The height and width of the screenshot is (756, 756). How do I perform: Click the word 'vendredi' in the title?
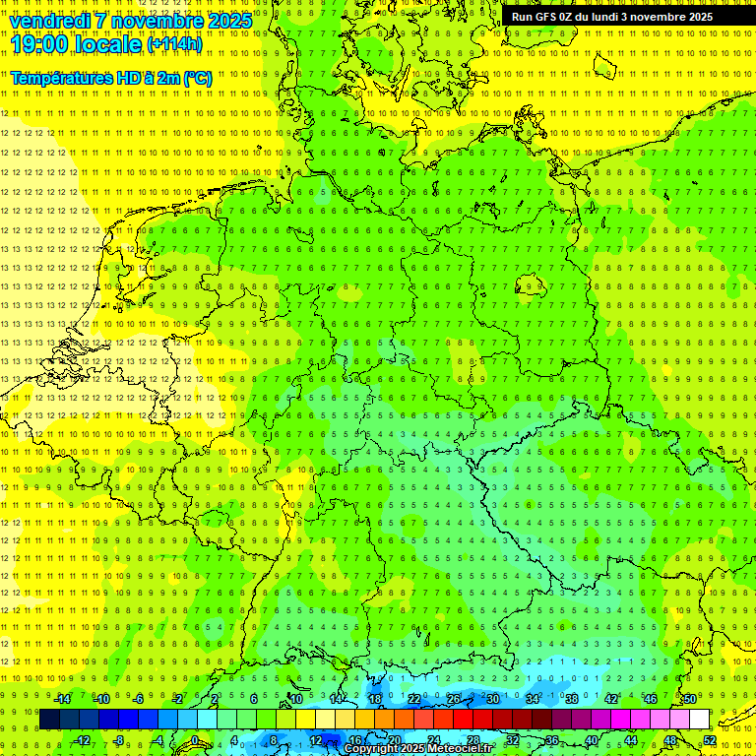(50, 20)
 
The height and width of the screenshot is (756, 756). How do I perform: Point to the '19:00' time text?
(38, 43)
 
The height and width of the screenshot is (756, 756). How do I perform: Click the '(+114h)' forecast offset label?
(174, 43)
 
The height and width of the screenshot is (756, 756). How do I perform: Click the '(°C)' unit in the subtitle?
(197, 78)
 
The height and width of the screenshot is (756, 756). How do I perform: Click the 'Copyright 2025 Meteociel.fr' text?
(416, 749)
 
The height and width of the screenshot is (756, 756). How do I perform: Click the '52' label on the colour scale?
(710, 740)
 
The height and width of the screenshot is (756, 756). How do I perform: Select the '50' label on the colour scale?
(690, 699)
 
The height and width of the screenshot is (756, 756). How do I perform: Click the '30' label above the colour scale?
(493, 699)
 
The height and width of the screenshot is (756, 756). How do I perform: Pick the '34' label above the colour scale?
(533, 699)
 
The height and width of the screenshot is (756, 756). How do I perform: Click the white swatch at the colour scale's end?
(700, 720)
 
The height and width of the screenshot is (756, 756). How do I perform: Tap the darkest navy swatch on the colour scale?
(50, 720)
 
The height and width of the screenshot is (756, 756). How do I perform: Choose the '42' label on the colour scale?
(611, 699)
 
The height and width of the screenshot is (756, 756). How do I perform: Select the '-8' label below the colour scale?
(120, 740)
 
